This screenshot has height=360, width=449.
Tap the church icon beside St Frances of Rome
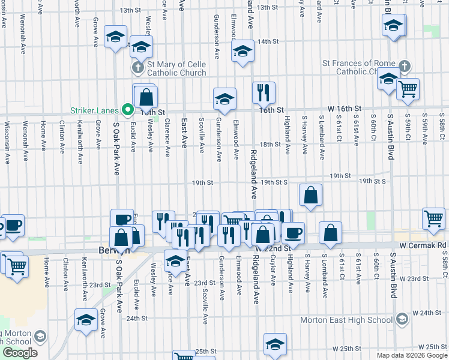point(404,66)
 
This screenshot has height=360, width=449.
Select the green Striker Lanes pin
point(127,110)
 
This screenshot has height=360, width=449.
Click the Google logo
point(20,353)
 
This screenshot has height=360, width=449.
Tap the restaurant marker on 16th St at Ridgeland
point(264,92)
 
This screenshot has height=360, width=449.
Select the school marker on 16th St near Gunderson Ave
point(224,98)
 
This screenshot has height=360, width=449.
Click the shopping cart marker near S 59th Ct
point(408,89)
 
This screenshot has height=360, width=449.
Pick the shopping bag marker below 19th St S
point(310,194)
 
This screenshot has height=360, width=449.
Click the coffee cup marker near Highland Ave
point(293,232)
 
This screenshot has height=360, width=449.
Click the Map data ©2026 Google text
point(411,355)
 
